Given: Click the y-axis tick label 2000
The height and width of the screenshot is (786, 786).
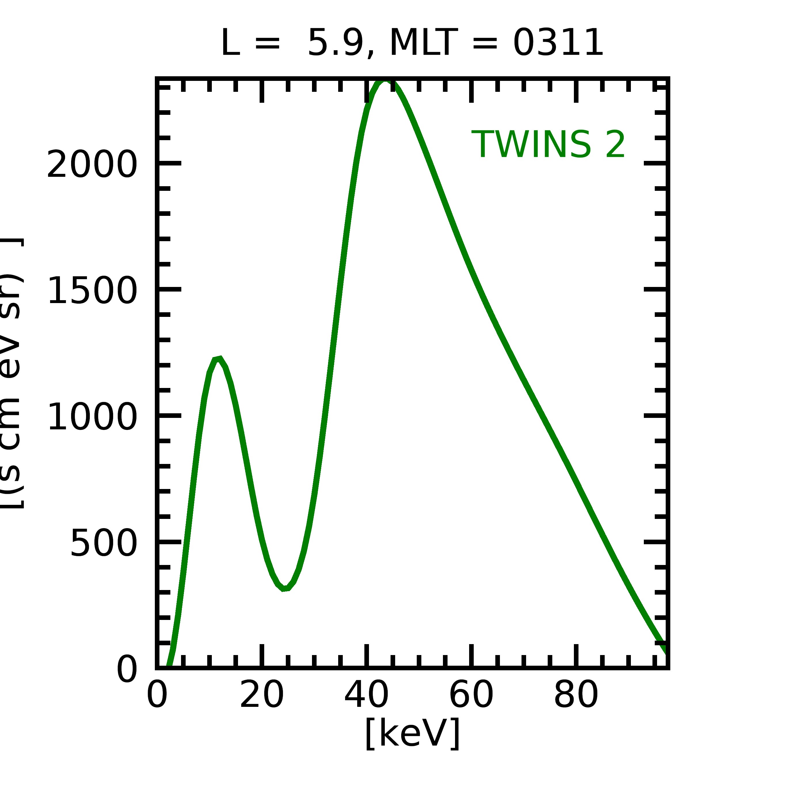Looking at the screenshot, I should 92,164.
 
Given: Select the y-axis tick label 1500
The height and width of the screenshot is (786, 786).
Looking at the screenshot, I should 92,290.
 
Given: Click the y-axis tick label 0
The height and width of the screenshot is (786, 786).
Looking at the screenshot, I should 127,669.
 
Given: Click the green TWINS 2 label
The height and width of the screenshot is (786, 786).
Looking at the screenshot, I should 548,144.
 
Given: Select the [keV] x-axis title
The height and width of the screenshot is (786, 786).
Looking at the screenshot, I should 412,734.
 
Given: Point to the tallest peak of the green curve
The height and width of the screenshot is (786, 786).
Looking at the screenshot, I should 385,81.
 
